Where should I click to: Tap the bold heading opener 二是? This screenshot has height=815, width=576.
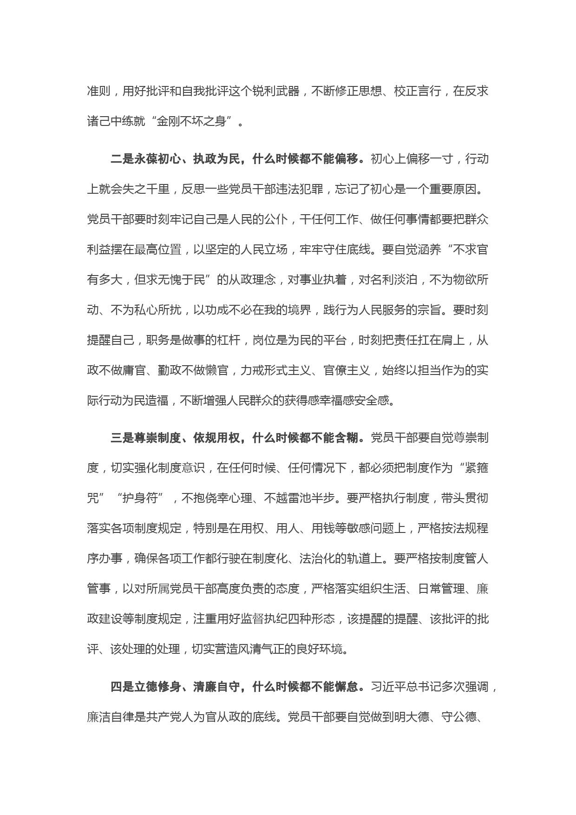click(122, 159)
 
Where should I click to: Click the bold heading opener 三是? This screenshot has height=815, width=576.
click(122, 438)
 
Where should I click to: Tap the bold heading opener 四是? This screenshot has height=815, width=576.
click(122, 687)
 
